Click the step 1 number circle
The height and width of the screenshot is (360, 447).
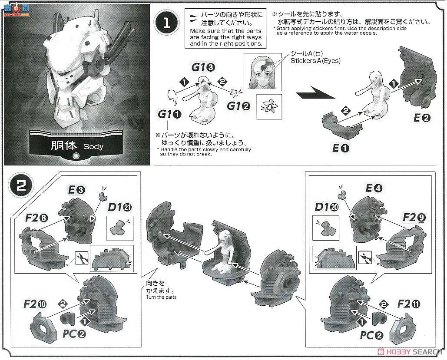[x=166, y=23]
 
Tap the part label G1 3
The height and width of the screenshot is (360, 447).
[x=203, y=67]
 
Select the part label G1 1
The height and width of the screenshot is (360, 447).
[x=169, y=114]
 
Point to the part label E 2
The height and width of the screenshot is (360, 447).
[x=422, y=118]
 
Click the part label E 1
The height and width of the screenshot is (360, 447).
[x=341, y=148]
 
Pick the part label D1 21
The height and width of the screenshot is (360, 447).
[x=120, y=207]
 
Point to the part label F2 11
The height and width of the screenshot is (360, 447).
[x=408, y=304]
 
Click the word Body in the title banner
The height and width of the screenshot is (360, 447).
[x=93, y=147]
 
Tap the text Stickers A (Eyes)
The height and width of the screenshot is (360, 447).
[x=315, y=60]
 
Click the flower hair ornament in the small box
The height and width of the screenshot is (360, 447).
[x=269, y=106]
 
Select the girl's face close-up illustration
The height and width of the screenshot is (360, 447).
[x=262, y=72]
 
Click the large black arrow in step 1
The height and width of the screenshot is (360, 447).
[x=315, y=92]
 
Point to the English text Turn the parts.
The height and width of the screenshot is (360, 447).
[x=162, y=297]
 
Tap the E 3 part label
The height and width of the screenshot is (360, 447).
[x=76, y=189]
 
